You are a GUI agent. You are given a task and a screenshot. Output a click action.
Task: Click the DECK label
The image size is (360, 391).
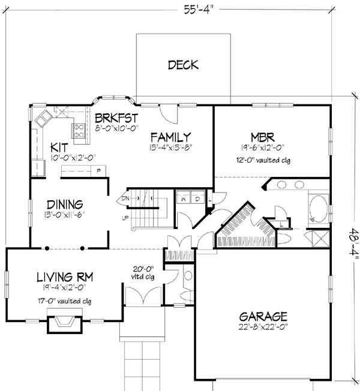tap(183, 65)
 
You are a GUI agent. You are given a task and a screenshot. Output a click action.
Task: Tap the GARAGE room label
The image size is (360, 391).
tap(263, 316)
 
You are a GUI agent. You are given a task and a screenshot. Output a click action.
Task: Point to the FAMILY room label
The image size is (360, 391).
tap(170, 136)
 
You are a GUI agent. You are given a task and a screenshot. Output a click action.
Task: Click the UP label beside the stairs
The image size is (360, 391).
tap(125, 218)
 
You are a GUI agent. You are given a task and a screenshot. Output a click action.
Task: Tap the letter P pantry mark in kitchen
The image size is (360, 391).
tap(98, 171)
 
